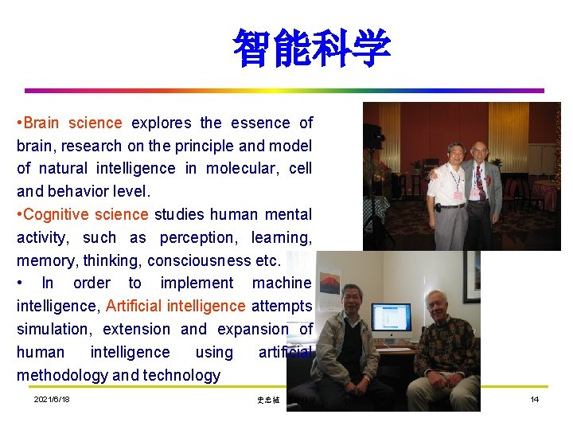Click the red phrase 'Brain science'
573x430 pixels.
(x=73, y=123)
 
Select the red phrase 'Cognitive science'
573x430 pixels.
(x=87, y=214)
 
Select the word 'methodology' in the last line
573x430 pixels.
(x=63, y=375)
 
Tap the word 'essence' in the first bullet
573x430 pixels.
(x=260, y=123)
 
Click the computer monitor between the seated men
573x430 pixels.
(x=392, y=322)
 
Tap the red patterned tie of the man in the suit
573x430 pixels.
(x=480, y=182)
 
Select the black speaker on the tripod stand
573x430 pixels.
(x=372, y=136)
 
